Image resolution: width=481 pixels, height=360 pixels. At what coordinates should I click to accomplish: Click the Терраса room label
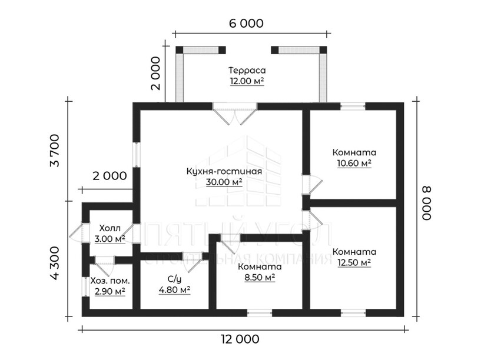247,70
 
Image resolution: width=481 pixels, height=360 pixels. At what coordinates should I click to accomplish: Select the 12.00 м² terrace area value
247,81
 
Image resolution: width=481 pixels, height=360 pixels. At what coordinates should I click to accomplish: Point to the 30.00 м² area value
224,182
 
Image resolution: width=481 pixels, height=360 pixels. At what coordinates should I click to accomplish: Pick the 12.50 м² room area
354,262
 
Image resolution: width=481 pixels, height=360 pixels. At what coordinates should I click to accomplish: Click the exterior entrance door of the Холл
80,234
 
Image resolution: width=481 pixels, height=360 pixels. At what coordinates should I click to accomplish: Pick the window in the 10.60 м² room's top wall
353,106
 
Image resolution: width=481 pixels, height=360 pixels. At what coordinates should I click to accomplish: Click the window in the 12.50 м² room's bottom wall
353,312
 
